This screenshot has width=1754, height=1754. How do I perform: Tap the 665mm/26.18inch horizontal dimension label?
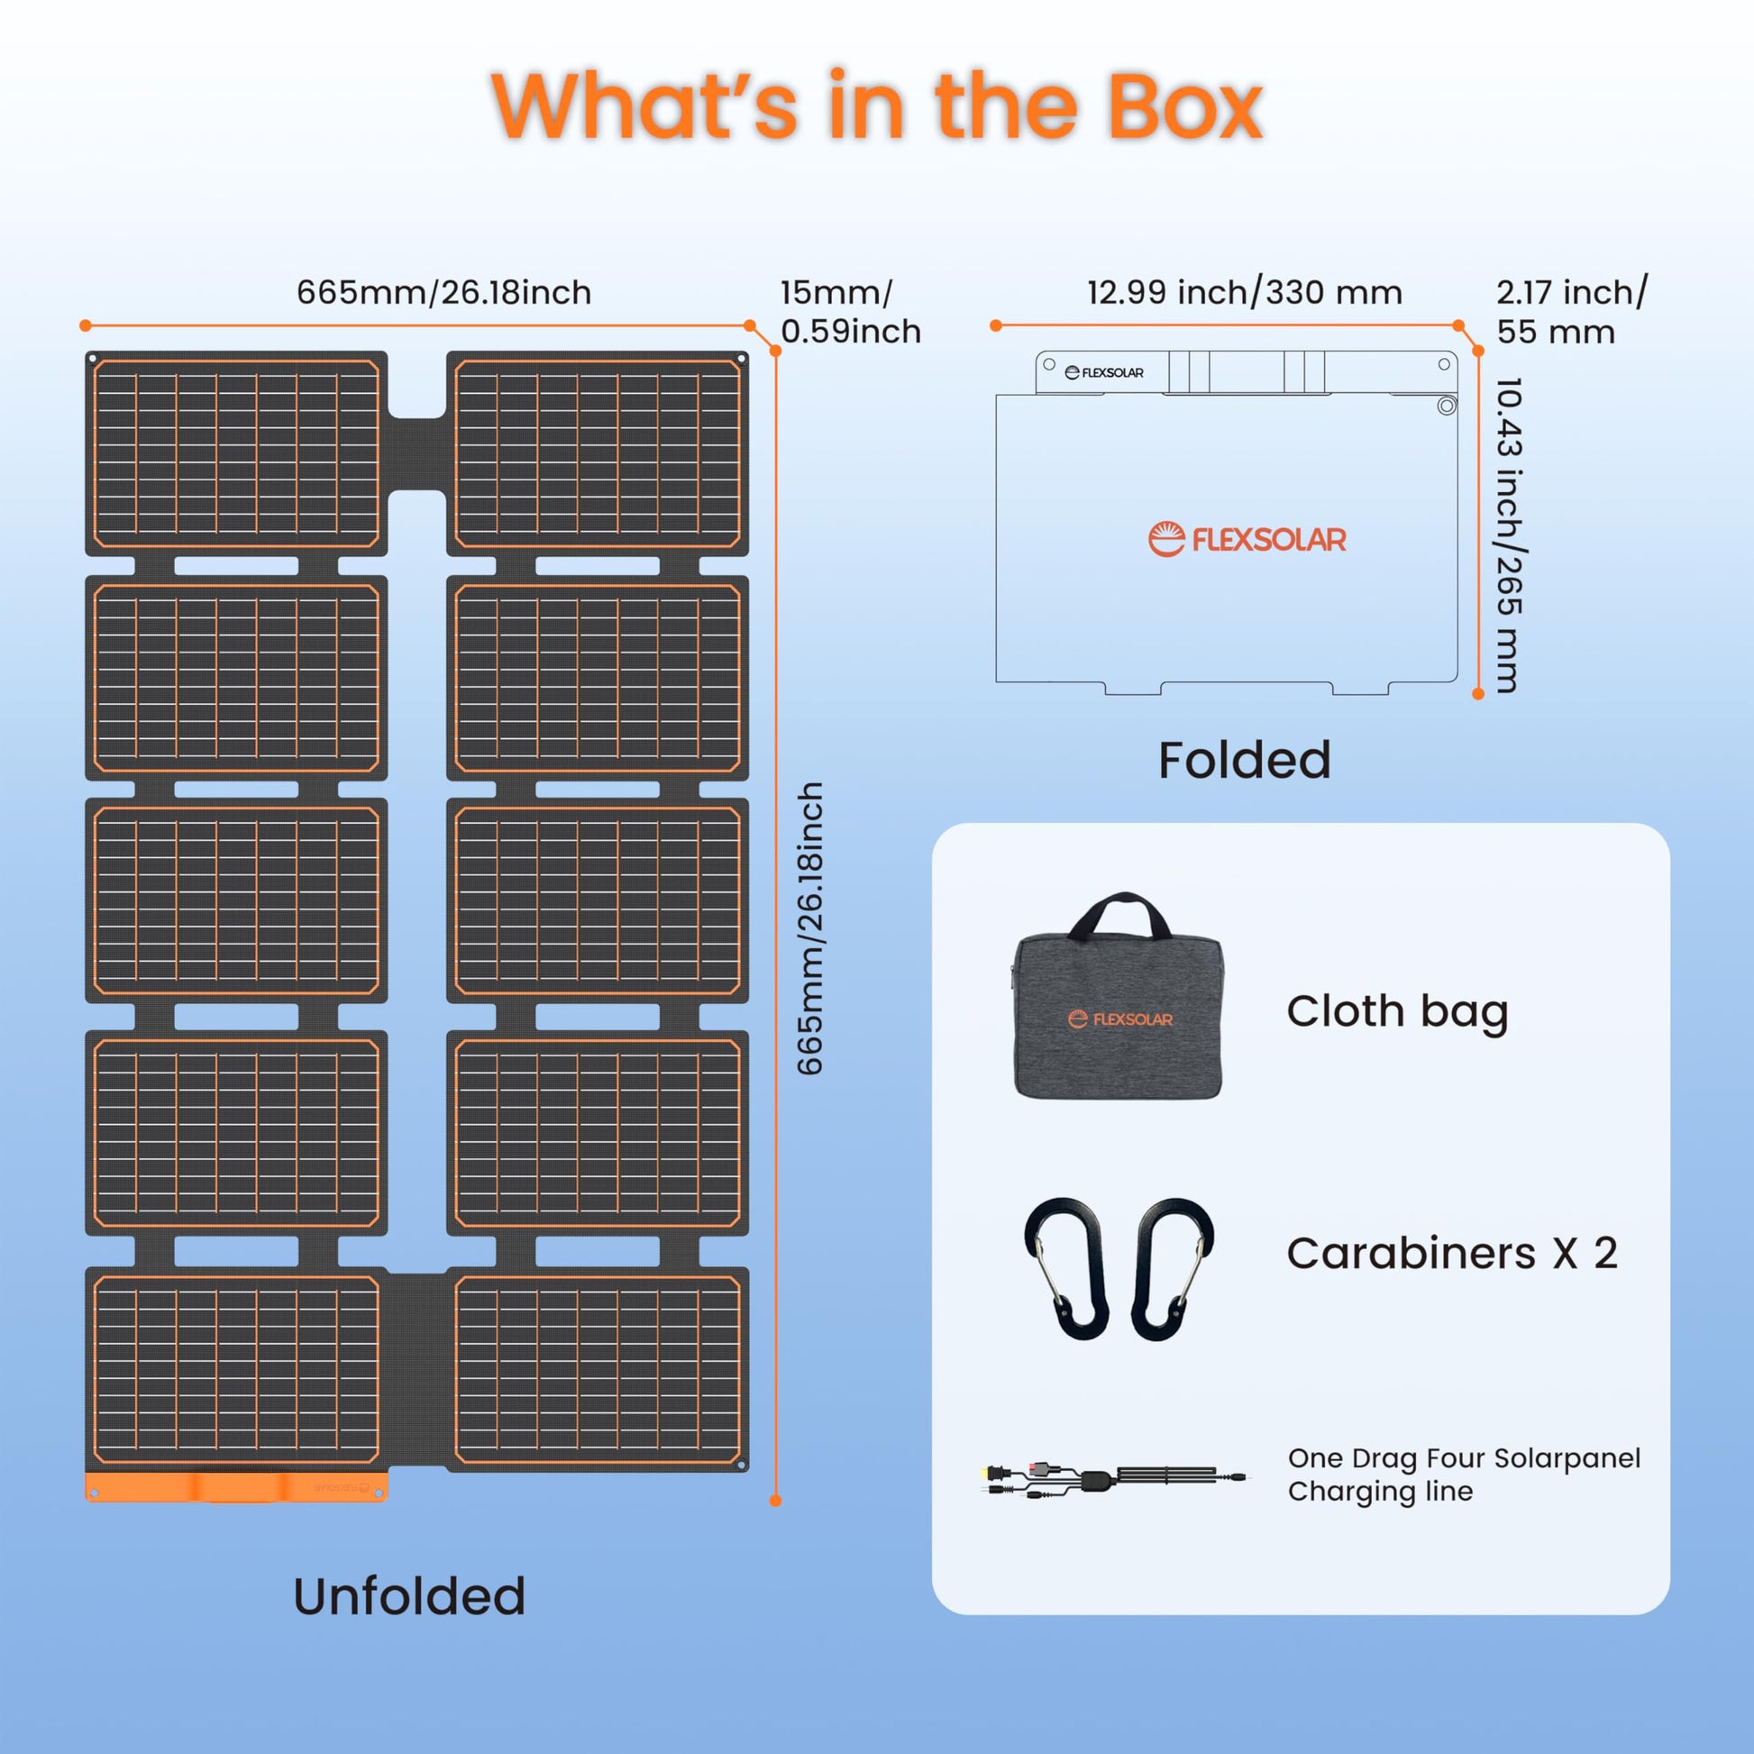point(444,292)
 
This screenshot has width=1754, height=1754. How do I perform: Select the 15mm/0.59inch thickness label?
point(850,311)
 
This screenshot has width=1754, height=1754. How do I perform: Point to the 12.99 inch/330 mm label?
point(1245,292)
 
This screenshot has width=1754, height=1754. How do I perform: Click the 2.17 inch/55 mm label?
point(1571,311)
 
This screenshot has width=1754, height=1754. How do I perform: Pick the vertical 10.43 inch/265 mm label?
point(1508,535)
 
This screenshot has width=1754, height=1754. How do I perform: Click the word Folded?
point(1244,760)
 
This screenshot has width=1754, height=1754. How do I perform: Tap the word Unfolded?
point(409,1596)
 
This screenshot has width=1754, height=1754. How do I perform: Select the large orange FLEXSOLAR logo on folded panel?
point(1247,539)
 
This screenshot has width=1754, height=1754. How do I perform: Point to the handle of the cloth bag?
point(1119,912)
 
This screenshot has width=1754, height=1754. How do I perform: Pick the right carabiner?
point(1171,1268)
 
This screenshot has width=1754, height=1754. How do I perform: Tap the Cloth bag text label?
point(1397,1011)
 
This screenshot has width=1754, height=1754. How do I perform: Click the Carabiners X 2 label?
point(1452,1254)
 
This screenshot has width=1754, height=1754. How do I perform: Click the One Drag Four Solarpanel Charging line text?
point(1464,1475)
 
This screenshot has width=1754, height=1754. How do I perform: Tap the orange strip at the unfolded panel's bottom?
point(236,1487)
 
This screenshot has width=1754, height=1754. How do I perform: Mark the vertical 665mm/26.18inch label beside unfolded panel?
point(809,927)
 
